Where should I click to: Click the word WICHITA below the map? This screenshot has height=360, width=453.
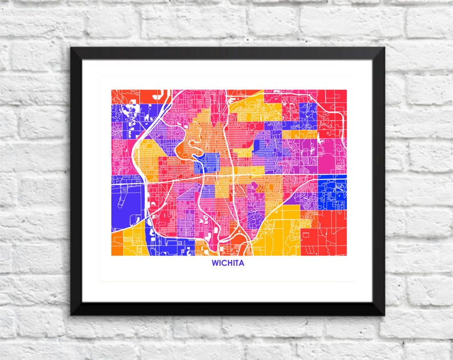[x=228, y=264]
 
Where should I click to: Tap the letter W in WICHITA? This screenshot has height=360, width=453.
[x=216, y=264]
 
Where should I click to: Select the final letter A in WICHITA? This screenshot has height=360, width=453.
[x=241, y=264]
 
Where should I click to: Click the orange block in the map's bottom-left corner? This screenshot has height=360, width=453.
[x=117, y=245]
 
